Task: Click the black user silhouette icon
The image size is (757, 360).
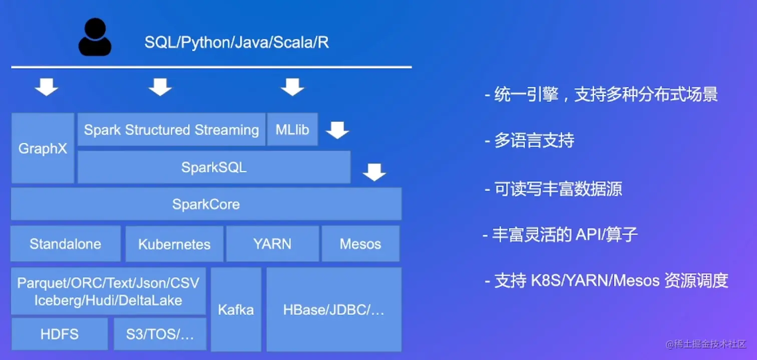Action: click(x=95, y=38)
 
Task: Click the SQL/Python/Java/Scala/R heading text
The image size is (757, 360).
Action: click(x=236, y=43)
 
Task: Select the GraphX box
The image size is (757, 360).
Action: click(x=43, y=148)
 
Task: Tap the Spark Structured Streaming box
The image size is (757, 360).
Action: click(x=171, y=130)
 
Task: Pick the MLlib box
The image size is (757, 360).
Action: click(x=292, y=130)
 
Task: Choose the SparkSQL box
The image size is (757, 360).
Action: click(x=214, y=167)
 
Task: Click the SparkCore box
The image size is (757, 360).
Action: click(x=206, y=204)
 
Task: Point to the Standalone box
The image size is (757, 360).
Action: click(x=65, y=244)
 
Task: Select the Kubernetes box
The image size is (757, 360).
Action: click(x=174, y=244)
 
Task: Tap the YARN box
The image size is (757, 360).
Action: click(x=272, y=244)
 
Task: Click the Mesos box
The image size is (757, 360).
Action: click(x=360, y=244)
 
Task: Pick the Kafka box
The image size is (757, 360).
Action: click(x=236, y=309)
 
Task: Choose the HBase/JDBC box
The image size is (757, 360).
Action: click(x=333, y=309)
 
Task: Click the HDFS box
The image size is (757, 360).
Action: click(x=60, y=334)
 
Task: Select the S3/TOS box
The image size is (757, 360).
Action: click(x=160, y=334)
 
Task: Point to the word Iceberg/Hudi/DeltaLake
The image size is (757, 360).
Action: click(x=108, y=300)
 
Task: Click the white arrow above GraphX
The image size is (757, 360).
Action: click(x=47, y=87)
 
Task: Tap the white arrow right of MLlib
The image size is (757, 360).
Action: click(x=337, y=131)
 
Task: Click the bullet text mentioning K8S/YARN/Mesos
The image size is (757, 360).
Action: click(x=606, y=280)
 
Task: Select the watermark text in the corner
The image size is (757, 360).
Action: click(x=706, y=344)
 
